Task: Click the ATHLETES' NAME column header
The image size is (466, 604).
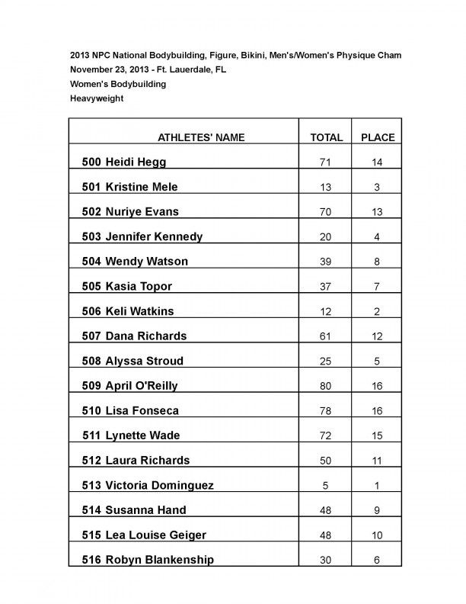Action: click(x=201, y=138)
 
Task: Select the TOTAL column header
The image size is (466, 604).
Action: click(x=327, y=138)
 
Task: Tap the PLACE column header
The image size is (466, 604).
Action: click(x=378, y=138)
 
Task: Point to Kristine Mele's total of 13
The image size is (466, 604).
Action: click(x=326, y=187)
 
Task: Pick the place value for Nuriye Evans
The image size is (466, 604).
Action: click(x=378, y=212)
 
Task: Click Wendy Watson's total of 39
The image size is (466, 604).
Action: click(x=326, y=262)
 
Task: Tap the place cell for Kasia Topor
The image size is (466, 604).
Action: click(x=378, y=287)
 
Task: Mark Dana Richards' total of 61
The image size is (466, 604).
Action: click(x=326, y=336)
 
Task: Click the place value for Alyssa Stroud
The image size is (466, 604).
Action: click(x=378, y=361)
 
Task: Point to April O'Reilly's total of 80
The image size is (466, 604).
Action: click(x=326, y=386)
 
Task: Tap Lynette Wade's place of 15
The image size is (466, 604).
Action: click(x=378, y=436)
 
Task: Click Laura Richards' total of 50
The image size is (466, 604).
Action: click(x=326, y=461)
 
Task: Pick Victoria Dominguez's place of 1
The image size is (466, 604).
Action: click(x=378, y=486)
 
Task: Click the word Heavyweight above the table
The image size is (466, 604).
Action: click(x=97, y=98)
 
